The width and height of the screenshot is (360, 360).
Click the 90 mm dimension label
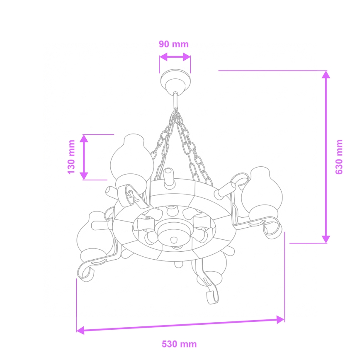pyautogui.click(x=173, y=44)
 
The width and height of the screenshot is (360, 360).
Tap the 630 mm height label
pyautogui.click(x=340, y=157)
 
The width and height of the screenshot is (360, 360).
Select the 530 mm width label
pyautogui.click(x=179, y=344)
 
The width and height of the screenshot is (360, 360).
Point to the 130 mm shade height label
pyautogui.click(x=71, y=157)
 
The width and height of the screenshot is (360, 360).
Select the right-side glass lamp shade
pyautogui.click(x=263, y=191)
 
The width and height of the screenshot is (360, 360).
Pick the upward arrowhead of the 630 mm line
pyautogui.click(x=326, y=75)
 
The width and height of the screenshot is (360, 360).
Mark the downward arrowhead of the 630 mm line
pyautogui.click(x=326, y=239)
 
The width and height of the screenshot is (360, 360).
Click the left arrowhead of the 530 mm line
pyautogui.click(x=80, y=330)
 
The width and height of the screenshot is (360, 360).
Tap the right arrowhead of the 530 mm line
pyautogui.click(x=281, y=319)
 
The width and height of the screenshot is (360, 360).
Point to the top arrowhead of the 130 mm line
pyautogui.click(x=84, y=139)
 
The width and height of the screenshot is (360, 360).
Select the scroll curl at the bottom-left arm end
pyautogui.click(x=85, y=272)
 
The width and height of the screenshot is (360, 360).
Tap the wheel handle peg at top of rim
pyautogui.click(x=168, y=176)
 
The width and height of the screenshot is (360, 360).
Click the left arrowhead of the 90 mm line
pyautogui.click(x=163, y=57)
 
